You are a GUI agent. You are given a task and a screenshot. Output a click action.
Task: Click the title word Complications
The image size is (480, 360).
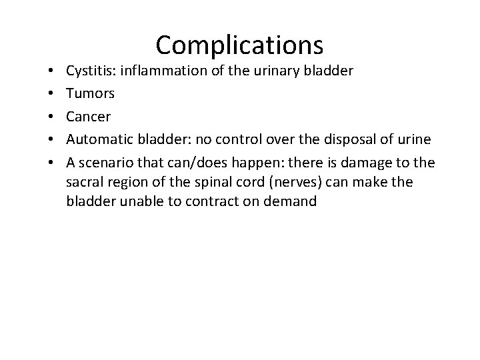(239, 45)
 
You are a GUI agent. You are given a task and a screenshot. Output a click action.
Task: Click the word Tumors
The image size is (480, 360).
(90, 94)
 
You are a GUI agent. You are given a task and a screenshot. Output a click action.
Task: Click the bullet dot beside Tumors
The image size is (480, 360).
(51, 95)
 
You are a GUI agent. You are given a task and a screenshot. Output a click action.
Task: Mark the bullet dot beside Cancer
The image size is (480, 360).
(51, 117)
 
